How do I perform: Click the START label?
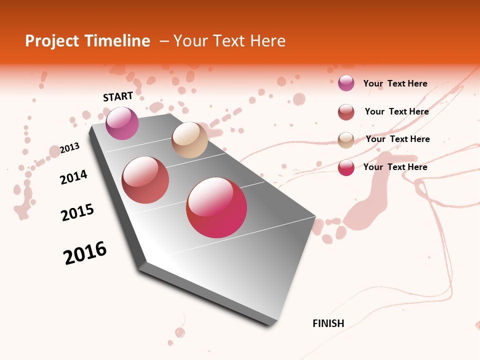(118, 96)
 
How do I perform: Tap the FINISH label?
(328, 323)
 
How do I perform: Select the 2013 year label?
(70, 148)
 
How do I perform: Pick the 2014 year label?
(74, 177)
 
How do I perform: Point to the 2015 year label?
(77, 212)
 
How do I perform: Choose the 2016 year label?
(85, 253)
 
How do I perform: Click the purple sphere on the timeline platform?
(122, 123)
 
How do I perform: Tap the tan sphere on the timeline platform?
(189, 140)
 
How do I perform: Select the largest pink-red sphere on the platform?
(216, 207)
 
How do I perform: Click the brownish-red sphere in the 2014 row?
(145, 180)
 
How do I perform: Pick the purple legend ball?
(346, 83)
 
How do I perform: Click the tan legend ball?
(346, 140)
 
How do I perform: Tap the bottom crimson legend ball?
(346, 167)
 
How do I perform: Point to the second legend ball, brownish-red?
(346, 112)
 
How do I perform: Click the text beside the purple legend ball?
(395, 83)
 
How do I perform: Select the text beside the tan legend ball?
(397, 139)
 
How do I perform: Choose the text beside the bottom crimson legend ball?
(395, 167)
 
